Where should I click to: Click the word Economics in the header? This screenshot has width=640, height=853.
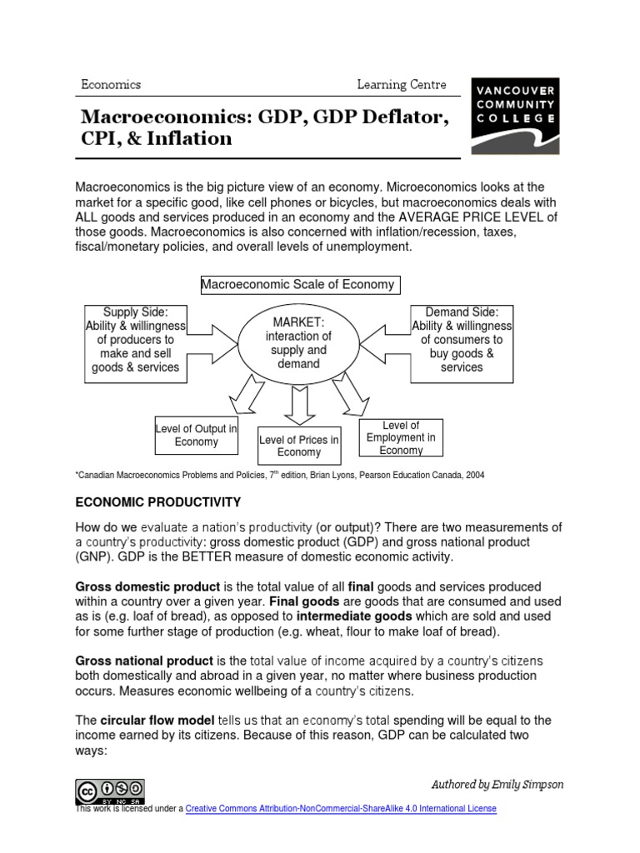click(111, 84)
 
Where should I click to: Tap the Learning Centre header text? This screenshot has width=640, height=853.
click(402, 84)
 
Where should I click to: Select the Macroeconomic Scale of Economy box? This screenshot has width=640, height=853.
click(298, 285)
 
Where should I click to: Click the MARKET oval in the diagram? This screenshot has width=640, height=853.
click(298, 342)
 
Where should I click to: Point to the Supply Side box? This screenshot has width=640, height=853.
click(136, 340)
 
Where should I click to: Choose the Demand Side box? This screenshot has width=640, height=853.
click(462, 340)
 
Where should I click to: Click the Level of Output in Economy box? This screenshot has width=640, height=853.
click(197, 435)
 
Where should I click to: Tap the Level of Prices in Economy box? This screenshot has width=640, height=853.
click(299, 446)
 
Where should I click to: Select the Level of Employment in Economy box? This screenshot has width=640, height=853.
click(401, 437)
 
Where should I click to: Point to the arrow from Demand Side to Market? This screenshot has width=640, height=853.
click(386, 342)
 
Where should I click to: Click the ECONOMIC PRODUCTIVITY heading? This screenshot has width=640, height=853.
click(158, 501)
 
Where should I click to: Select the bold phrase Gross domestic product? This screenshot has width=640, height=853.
click(148, 586)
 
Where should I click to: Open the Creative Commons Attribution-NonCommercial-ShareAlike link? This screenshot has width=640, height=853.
click(341, 809)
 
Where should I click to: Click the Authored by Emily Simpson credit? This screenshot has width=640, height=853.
click(497, 784)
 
